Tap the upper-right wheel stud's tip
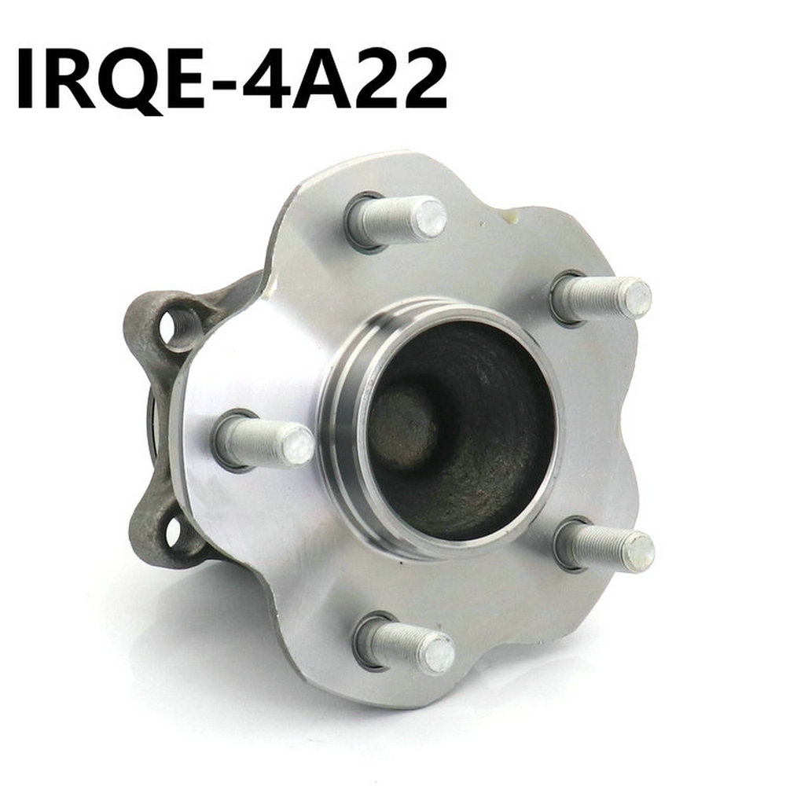click(636, 298)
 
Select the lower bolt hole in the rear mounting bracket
click(175, 532)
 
